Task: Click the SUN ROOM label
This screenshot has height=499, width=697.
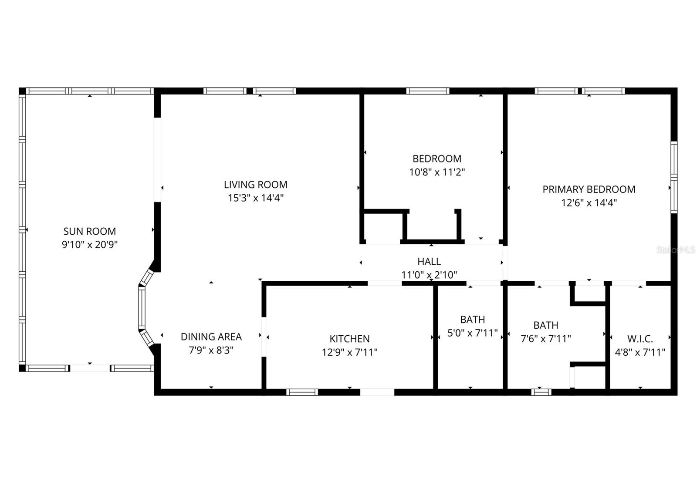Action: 90,231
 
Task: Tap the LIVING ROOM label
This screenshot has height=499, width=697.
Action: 255,185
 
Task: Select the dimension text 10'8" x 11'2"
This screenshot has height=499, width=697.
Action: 437,172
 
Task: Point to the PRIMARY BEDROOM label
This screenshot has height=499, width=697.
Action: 589,189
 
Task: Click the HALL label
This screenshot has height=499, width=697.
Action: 429,261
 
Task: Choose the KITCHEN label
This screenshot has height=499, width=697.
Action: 349,338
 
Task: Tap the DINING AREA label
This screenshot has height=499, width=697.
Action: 211,337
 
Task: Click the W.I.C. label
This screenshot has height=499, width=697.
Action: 640,338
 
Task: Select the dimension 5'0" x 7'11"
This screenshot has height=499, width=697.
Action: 472,333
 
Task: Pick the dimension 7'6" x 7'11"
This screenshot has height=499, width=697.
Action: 546,338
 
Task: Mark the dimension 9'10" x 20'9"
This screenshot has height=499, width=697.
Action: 90,245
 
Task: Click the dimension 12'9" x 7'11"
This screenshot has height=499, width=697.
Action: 349,352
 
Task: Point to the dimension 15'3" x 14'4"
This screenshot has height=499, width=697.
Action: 255,198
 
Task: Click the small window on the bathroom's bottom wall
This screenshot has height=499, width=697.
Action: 541,392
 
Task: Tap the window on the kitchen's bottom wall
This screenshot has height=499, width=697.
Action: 302,392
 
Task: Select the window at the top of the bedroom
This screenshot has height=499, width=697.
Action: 428,91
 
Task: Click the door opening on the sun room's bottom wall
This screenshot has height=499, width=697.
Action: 90,368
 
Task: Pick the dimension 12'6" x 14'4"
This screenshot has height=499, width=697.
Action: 589,203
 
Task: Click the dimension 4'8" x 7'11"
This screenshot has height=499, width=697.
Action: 640,352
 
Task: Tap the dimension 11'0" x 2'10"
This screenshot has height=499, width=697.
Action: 429,275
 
